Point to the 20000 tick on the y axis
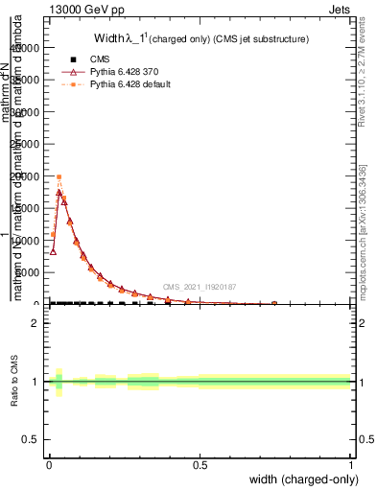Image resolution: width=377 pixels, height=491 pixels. tap(27, 176)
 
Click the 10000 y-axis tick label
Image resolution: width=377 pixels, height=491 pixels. tap(27, 241)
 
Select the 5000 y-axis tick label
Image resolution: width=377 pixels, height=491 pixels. tap(30, 272)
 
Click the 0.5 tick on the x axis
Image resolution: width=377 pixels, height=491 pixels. tap(200, 465)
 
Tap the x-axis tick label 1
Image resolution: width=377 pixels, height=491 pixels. tap(351, 465)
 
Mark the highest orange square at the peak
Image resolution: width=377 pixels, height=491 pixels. tap(59, 177)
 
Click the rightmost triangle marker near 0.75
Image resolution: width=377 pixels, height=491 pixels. tap(274, 303)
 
